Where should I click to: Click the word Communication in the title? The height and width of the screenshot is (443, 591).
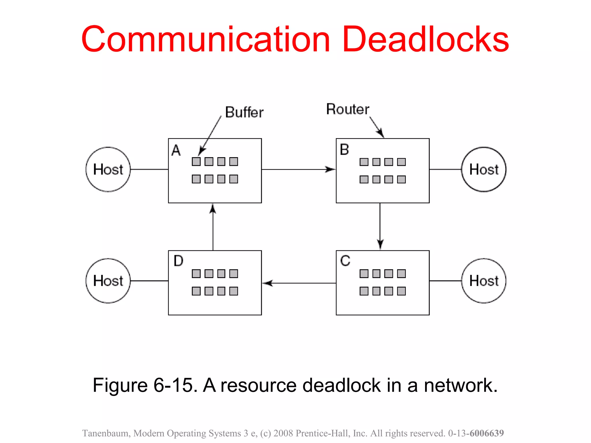[205, 40]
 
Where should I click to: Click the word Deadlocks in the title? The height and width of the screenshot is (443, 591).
[425, 40]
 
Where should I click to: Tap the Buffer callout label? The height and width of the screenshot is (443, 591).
[244, 112]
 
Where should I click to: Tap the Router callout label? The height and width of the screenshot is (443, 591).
[347, 109]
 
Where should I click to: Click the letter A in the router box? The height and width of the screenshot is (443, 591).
[176, 150]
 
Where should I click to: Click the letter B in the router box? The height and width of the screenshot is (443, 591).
[344, 150]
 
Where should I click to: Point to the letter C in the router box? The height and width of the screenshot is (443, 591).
[345, 261]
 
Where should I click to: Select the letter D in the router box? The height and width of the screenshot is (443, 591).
[178, 261]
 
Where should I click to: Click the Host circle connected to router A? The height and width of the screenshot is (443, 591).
[108, 169]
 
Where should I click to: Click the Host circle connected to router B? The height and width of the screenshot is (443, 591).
[484, 169]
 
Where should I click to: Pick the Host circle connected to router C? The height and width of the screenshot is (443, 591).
[484, 281]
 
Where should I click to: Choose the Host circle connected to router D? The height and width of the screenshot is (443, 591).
[108, 281]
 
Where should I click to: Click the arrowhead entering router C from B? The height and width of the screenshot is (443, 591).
[380, 245]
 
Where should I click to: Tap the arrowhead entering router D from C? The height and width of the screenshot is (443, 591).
[267, 283]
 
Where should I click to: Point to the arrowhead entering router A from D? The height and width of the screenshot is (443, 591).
[213, 208]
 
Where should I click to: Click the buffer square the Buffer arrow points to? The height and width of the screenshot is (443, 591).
[196, 162]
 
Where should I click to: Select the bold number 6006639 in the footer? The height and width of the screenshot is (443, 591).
[487, 433]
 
